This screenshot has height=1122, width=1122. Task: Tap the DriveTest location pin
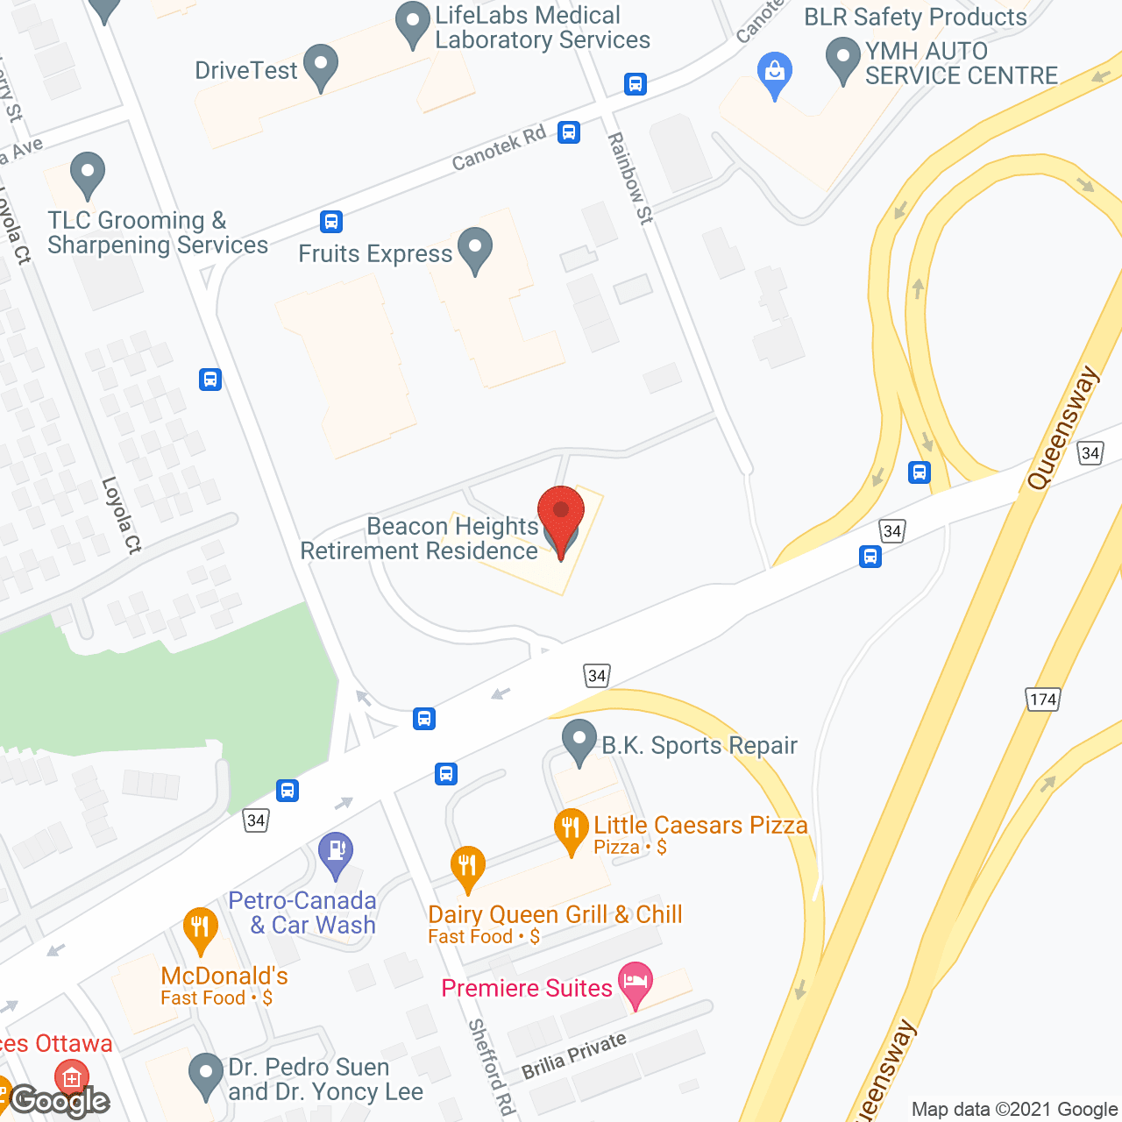tap(322, 66)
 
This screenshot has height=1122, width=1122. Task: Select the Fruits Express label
tap(375, 254)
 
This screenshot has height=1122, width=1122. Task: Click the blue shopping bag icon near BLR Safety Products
tap(774, 74)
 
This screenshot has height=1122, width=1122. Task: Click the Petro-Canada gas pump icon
tap(336, 852)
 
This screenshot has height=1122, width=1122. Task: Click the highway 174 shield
tap(1043, 699)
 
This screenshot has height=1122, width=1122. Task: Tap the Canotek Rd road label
tap(499, 148)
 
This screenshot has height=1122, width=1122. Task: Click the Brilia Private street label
tap(574, 1055)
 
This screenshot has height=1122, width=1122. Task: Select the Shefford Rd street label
tap(491, 1066)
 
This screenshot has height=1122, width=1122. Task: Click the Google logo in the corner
tap(60, 1100)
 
